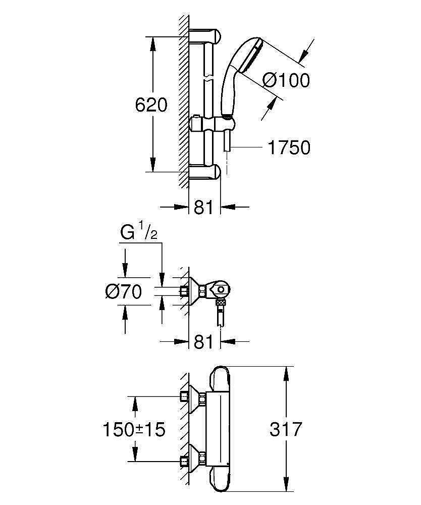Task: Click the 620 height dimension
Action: click(151, 105)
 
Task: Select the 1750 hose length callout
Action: click(289, 148)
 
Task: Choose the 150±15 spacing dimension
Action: click(134, 430)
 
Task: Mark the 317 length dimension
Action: click(286, 430)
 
